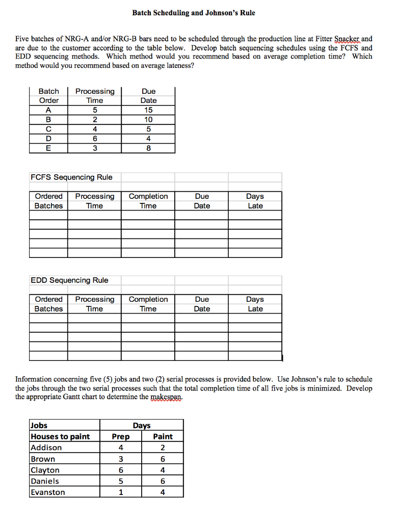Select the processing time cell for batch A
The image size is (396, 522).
click(95, 110)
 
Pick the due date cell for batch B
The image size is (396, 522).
click(148, 120)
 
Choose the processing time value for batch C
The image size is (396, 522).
click(95, 129)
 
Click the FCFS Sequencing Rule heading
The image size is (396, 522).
click(71, 177)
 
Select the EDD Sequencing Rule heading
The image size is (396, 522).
click(69, 280)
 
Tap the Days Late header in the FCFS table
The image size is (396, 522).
click(255, 201)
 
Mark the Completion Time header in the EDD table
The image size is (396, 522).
click(148, 304)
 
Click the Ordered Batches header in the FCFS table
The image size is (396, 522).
click(48, 201)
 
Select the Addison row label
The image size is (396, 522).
click(46, 448)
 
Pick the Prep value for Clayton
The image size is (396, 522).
click(121, 470)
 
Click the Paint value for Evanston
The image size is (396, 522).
click(163, 492)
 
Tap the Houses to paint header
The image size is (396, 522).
click(60, 436)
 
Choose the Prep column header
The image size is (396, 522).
click(121, 436)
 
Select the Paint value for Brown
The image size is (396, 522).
click(163, 459)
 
